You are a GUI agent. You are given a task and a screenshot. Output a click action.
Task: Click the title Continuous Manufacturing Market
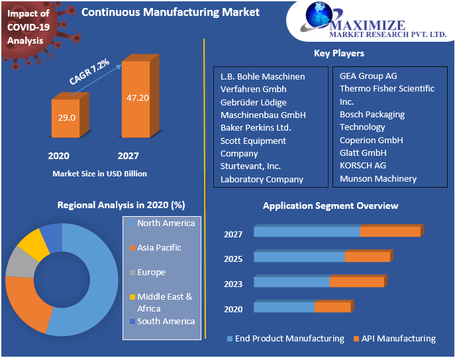(x=170, y=12)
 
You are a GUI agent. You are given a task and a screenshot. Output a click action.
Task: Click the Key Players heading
(x=338, y=53)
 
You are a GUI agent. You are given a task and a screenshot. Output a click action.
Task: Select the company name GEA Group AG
(x=368, y=76)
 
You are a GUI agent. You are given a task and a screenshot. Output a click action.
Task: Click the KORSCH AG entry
(x=362, y=165)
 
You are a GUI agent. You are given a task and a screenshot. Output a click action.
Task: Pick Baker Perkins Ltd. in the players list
(x=256, y=127)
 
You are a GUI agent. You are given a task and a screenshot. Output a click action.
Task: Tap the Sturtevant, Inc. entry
(x=250, y=166)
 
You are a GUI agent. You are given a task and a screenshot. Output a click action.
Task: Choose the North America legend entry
(x=166, y=223)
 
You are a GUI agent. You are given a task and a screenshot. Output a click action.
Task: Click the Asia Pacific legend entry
(x=159, y=247)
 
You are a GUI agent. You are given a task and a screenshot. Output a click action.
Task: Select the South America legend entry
(x=166, y=321)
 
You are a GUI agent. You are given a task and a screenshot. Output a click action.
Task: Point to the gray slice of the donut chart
(x=19, y=264)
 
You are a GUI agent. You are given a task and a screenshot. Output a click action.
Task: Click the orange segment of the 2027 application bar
(x=390, y=231)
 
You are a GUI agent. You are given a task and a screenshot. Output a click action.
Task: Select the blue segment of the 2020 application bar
(x=283, y=307)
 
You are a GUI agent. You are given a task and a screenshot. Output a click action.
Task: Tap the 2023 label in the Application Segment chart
(x=233, y=284)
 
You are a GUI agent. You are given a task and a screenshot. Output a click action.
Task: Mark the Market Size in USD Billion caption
(x=99, y=174)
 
